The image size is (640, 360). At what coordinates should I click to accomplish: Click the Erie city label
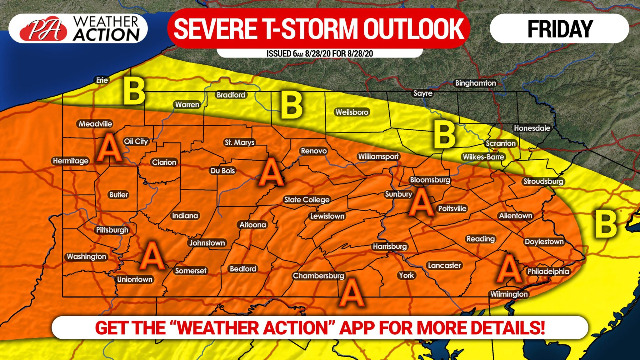pyautogui.click(x=102, y=80)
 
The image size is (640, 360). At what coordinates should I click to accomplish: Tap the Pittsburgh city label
pyautogui.click(x=112, y=230)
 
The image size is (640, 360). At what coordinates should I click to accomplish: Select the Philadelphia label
pyautogui.click(x=548, y=271)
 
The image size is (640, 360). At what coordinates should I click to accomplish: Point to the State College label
pyautogui.click(x=307, y=200)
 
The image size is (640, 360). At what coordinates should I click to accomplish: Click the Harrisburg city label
pyautogui.click(x=390, y=246)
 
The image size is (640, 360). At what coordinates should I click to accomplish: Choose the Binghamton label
pyautogui.click(x=475, y=83)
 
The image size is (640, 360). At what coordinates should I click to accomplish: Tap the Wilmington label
pyautogui.click(x=509, y=294)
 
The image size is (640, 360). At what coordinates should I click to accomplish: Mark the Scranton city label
pyautogui.click(x=501, y=143)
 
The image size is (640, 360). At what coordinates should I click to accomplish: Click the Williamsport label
pyautogui.click(x=378, y=157)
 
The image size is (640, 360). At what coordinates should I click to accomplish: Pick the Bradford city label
pyautogui.click(x=231, y=95)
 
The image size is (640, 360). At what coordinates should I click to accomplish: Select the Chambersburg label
pyautogui.click(x=318, y=276)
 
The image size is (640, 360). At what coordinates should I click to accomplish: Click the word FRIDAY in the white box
pyautogui.click(x=560, y=29)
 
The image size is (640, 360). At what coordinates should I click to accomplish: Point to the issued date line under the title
pyautogui.click(x=319, y=53)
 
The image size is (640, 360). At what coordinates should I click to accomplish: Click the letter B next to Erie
pyautogui.click(x=134, y=91)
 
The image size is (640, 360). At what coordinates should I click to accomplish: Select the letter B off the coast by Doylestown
pyautogui.click(x=606, y=224)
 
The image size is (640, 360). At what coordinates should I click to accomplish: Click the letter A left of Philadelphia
pyautogui.click(x=509, y=268)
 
